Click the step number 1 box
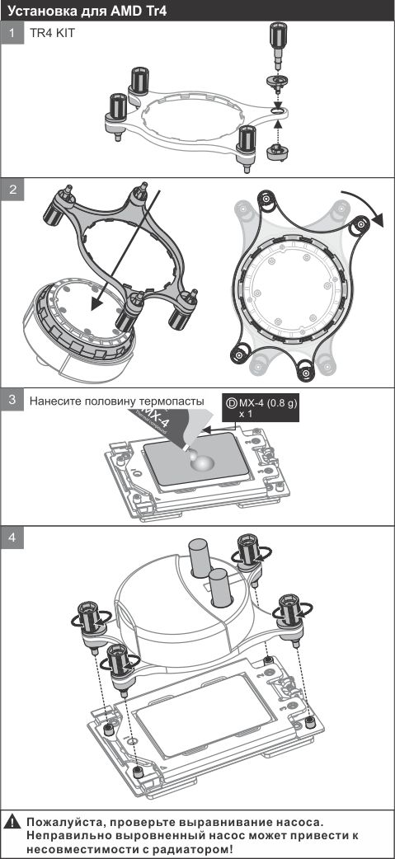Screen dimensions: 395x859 pos(12,33)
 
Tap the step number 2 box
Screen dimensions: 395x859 pos(12,189)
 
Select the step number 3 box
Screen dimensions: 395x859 pos(12,399)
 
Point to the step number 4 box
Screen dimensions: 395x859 pos(12,538)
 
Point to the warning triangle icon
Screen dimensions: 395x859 pos(12,822)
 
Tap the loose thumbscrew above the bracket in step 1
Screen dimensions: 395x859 pos(277,46)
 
